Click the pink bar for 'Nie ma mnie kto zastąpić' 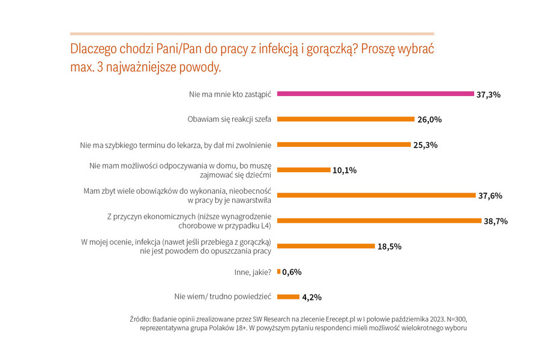point(376,94)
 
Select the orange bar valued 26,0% point(346,119)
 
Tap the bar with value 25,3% point(344,145)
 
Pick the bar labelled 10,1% point(304,170)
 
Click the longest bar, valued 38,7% point(380,221)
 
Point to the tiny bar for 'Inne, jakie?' point(279,272)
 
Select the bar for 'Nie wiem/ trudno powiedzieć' point(288,297)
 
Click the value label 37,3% point(488,95)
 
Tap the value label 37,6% point(490,196)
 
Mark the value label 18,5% point(389,247)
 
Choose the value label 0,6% point(292,272)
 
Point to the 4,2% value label point(312,298)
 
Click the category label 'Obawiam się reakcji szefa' point(229,119)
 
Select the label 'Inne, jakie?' point(253,272)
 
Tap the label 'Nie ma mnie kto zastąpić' point(230,94)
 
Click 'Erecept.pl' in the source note point(340,319)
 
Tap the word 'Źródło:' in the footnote point(140,319)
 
